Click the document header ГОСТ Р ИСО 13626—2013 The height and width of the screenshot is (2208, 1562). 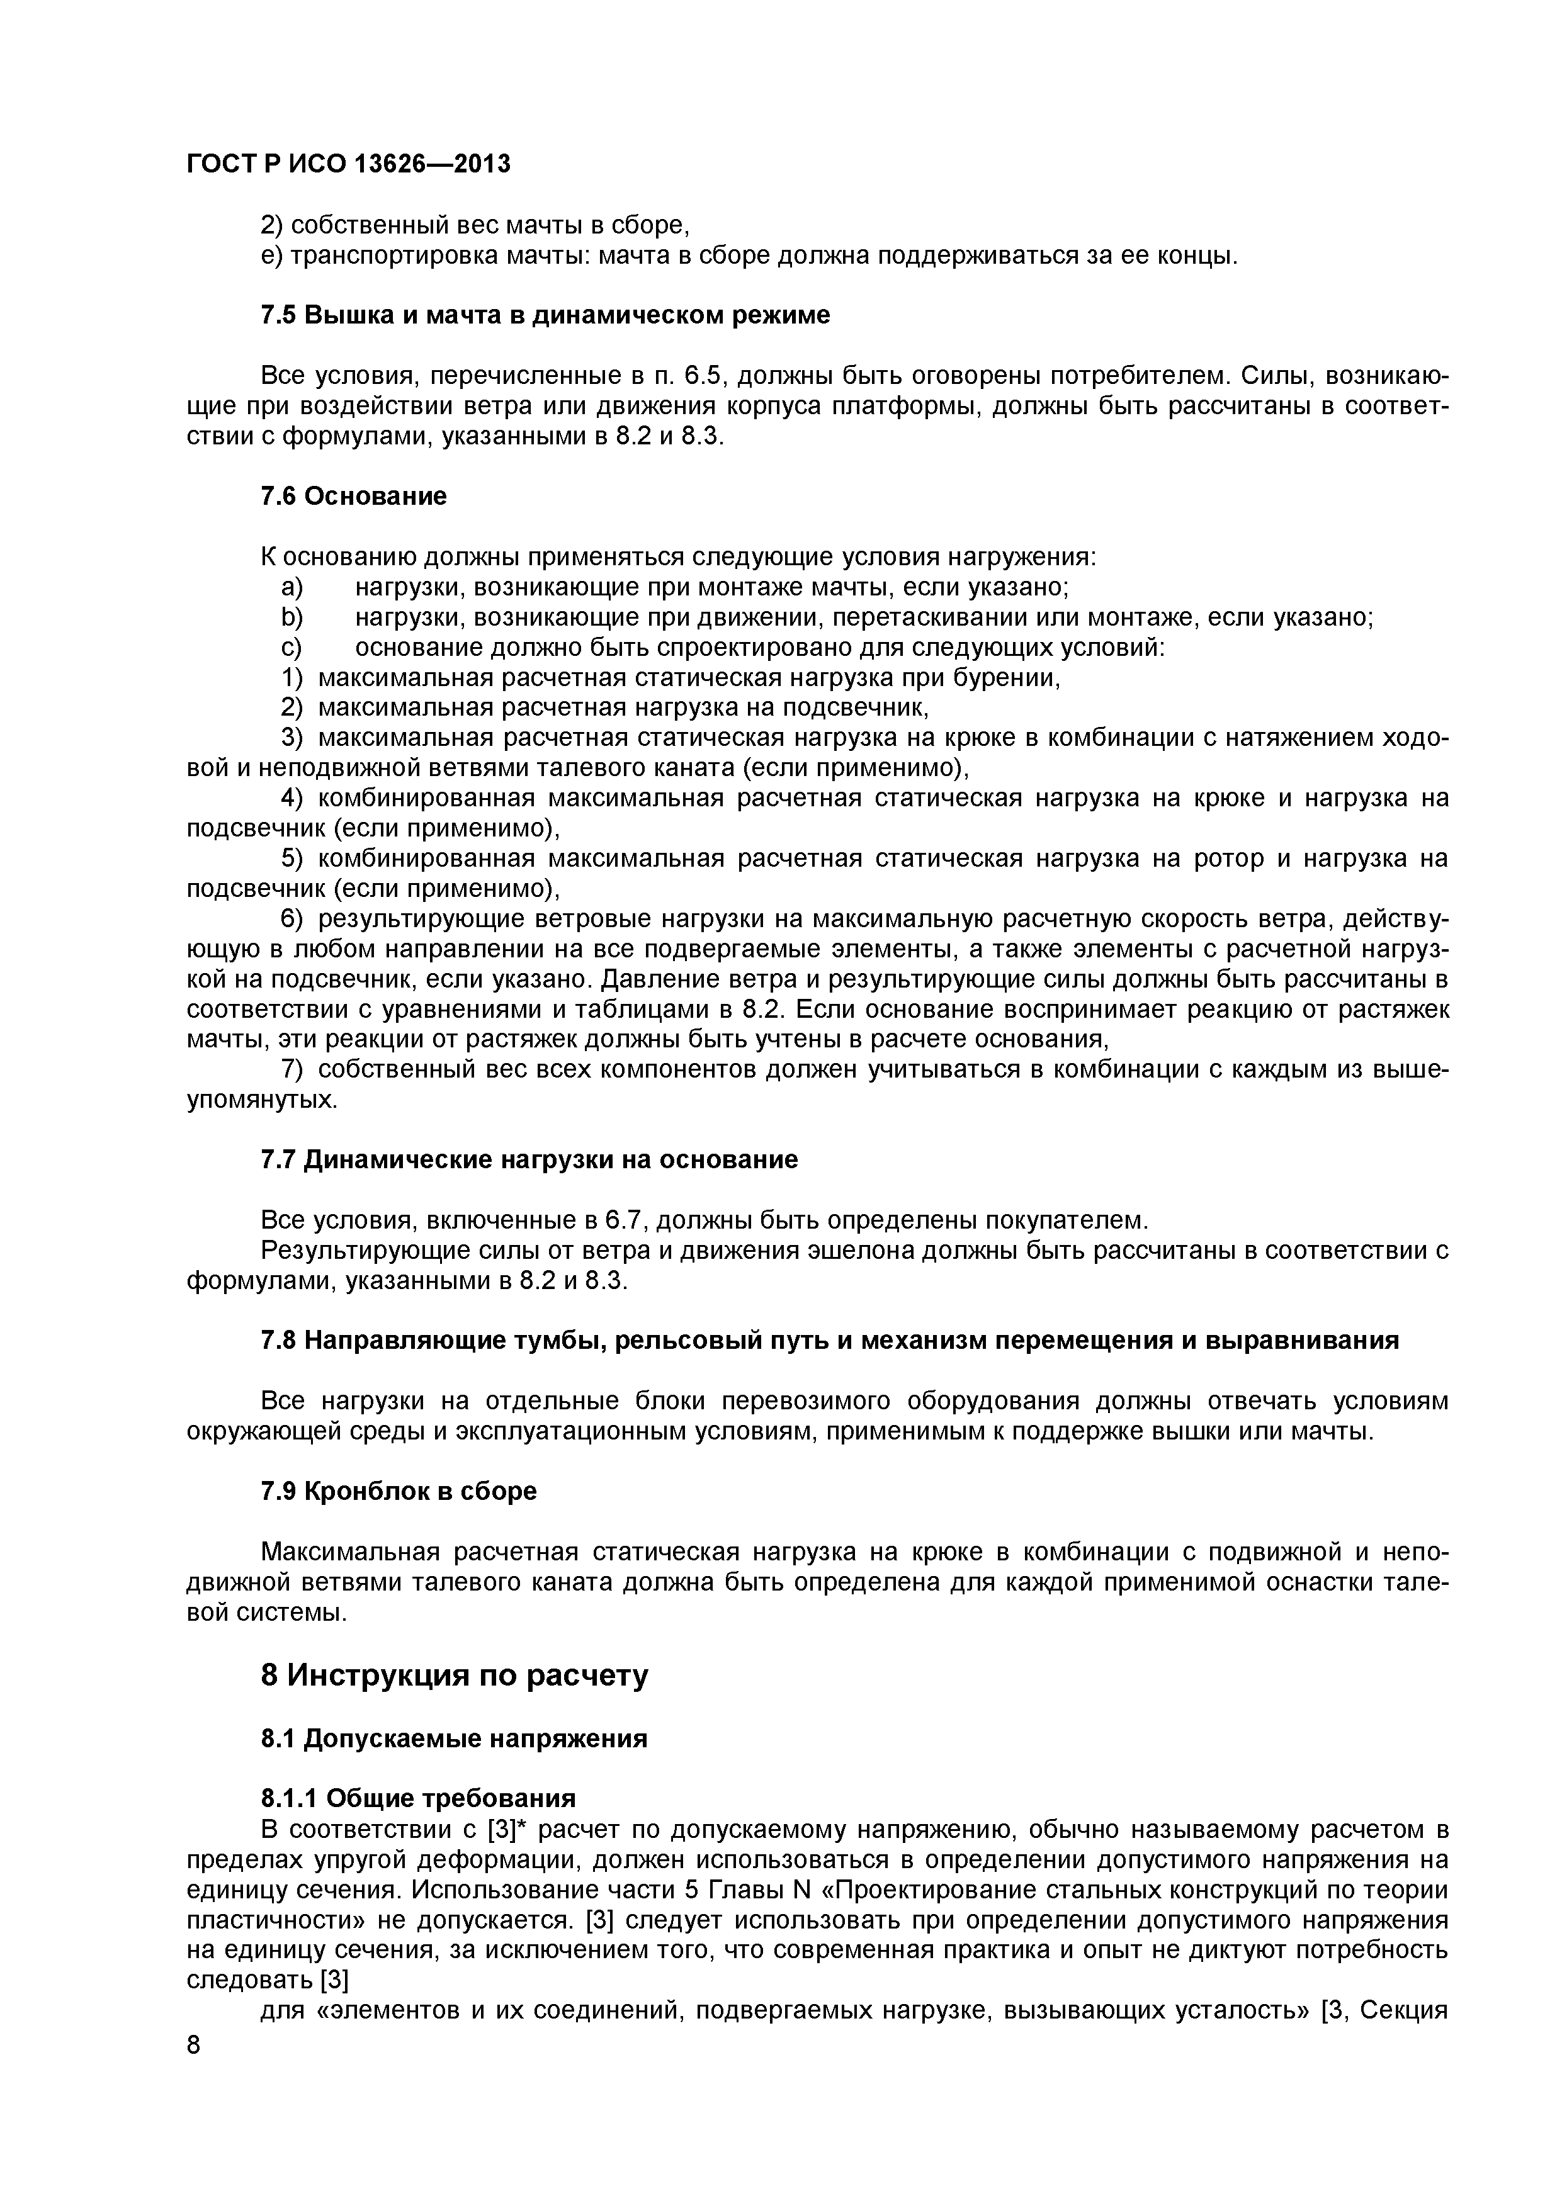348,164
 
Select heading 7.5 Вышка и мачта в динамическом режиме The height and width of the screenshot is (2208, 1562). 545,315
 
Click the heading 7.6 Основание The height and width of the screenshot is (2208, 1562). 354,496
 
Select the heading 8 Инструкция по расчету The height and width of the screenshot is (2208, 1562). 454,1676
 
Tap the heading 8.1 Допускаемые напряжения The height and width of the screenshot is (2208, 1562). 454,1738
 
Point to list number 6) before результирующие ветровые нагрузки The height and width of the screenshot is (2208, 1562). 292,920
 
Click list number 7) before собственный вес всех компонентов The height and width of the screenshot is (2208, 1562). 292,1071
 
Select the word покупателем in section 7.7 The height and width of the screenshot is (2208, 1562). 1067,1220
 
